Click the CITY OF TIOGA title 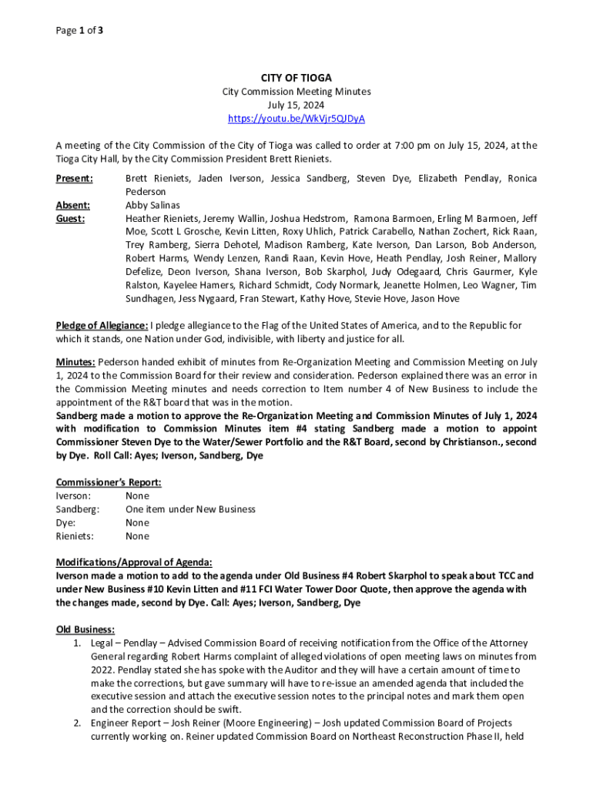pyautogui.click(x=296, y=78)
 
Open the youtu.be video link pyautogui.click(x=296, y=119)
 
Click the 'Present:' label pyautogui.click(x=74, y=178)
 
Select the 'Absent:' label pyautogui.click(x=72, y=205)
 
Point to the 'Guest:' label pyautogui.click(x=70, y=218)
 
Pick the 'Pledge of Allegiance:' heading pyautogui.click(x=102, y=325)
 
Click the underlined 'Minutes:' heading pyautogui.click(x=75, y=361)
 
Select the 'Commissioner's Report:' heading pyautogui.click(x=109, y=482)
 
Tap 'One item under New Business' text pyautogui.click(x=190, y=509)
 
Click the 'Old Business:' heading pyautogui.click(x=85, y=629)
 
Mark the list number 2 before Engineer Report pyautogui.click(x=78, y=723)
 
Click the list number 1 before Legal pyautogui.click(x=78, y=643)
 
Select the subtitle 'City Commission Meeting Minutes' pyautogui.click(x=296, y=92)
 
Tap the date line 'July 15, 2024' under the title pyautogui.click(x=296, y=105)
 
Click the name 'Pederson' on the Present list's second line pyautogui.click(x=146, y=191)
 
